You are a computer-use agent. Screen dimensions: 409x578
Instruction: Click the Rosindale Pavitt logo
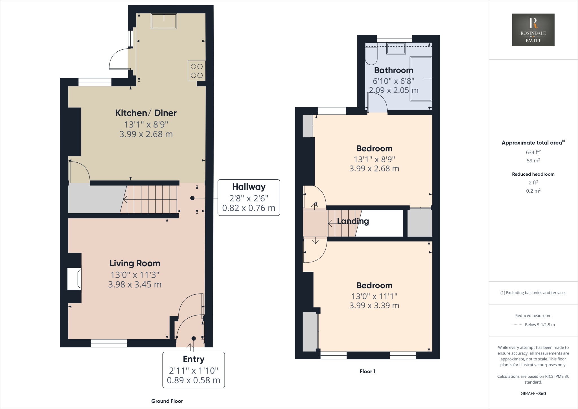coord(533,30)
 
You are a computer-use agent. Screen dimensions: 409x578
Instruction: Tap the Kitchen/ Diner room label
coord(146,113)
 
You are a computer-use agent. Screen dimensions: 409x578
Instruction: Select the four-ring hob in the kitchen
coord(196,71)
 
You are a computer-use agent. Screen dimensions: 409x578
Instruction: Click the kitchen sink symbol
coord(164,21)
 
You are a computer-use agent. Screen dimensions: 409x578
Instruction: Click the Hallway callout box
coord(249,197)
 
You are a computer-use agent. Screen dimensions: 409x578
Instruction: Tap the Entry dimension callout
coord(194,370)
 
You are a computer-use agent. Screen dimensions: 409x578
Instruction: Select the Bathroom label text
coord(393,70)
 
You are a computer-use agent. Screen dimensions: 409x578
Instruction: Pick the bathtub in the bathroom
coord(421,79)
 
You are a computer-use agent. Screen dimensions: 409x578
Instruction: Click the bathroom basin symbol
coord(396,48)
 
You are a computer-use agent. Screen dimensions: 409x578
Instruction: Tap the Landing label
coord(353,221)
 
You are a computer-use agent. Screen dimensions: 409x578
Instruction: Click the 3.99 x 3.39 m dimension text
coord(374,305)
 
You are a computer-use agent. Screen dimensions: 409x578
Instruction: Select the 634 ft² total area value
coord(533,152)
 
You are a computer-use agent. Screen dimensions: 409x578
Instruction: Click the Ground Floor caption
coord(167,401)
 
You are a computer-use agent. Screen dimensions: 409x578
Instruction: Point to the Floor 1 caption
coord(367,371)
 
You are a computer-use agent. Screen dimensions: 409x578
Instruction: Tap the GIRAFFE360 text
coord(533,393)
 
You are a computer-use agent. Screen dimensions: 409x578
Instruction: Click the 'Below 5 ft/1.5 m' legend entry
coord(539,325)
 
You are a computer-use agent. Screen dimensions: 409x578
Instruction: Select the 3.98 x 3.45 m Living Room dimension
coord(135,284)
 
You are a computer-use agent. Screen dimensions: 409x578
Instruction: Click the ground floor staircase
coord(151,199)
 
